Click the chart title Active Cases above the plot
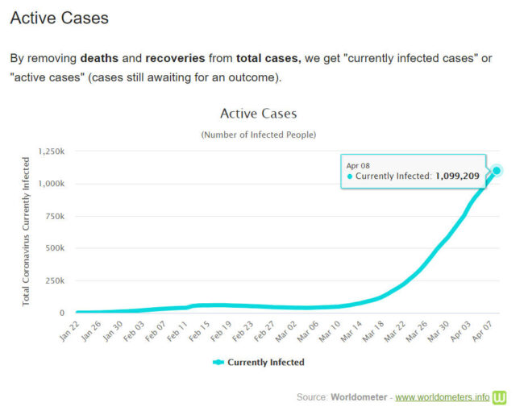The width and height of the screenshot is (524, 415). [258, 114]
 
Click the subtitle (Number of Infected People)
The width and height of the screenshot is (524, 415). [258, 135]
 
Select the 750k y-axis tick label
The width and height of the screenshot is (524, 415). [56, 216]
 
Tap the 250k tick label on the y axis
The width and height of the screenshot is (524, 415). [56, 280]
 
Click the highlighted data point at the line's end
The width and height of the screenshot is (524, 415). [497, 170]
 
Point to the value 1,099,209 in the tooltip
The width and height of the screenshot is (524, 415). [458, 176]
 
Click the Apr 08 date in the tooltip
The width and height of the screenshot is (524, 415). [358, 164]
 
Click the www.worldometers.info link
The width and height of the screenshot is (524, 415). [442, 397]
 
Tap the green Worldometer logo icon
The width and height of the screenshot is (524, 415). [500, 397]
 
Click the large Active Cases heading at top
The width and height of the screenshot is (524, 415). [59, 18]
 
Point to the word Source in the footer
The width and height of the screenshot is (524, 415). [312, 397]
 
